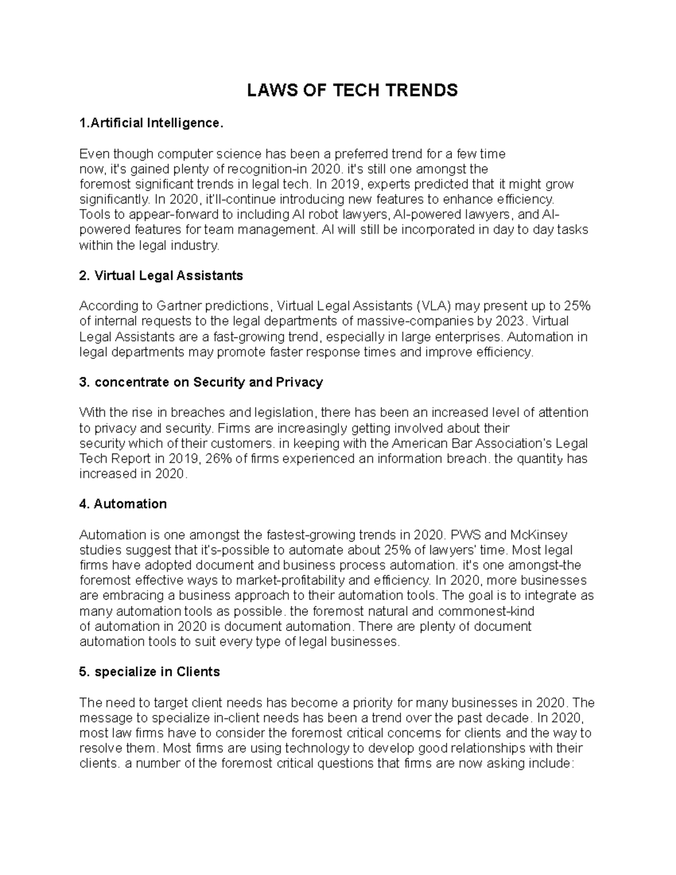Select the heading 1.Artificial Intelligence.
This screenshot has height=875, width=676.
click(x=152, y=123)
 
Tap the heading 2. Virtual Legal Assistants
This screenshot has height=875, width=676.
click(x=161, y=276)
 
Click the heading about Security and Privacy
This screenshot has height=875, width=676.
click(x=201, y=382)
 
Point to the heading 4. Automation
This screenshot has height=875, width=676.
click(x=123, y=504)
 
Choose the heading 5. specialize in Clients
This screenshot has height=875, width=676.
click(x=149, y=672)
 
